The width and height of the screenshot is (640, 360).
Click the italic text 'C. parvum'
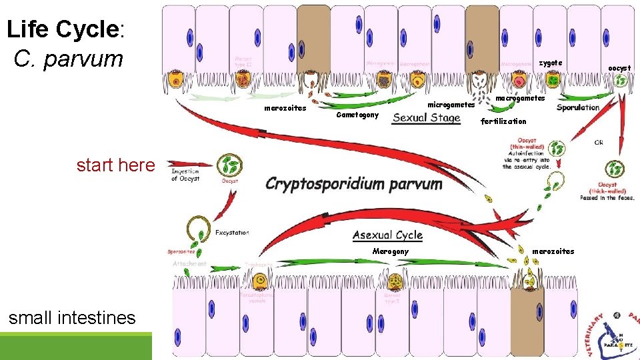(68, 59)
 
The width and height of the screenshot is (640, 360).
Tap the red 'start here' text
(115, 165)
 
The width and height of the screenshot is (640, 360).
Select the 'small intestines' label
(72, 318)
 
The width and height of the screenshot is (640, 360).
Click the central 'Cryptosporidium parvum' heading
(353, 183)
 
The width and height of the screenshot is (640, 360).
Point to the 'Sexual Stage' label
(427, 118)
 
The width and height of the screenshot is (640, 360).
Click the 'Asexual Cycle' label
(387, 235)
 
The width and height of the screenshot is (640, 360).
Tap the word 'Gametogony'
(357, 115)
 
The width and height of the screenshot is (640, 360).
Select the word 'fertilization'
(503, 121)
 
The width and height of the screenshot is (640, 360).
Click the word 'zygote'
(550, 63)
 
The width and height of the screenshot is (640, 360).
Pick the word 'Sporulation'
(577, 107)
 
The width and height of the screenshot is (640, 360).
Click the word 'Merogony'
(390, 251)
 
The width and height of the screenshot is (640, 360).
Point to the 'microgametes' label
(451, 105)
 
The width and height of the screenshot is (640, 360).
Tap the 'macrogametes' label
(520, 98)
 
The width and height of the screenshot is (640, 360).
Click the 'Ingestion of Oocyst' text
(185, 175)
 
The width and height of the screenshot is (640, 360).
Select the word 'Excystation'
(232, 233)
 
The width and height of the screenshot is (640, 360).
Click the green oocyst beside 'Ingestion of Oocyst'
(229, 165)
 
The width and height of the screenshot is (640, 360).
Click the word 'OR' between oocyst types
(599, 143)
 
